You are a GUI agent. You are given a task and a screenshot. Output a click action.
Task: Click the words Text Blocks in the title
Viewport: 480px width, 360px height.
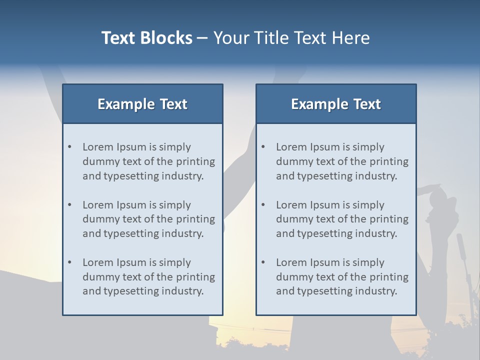pos(146,38)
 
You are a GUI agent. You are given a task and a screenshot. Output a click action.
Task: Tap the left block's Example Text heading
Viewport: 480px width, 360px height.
pos(142,104)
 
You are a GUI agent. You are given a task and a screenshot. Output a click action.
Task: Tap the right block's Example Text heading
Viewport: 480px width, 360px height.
pos(336,104)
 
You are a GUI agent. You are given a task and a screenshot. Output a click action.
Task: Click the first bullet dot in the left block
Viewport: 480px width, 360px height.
pos(70,147)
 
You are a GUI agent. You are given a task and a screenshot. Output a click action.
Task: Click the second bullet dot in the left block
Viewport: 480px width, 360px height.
pos(70,205)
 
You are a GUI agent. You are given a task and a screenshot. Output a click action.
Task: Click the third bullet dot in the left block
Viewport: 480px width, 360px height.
pos(70,262)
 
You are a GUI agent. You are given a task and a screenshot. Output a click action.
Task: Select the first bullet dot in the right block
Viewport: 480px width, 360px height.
pos(263,147)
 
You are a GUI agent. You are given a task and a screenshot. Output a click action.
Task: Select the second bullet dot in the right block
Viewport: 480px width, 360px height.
pos(263,205)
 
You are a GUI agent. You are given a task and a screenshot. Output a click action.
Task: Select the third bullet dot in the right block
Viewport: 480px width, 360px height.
pos(263,262)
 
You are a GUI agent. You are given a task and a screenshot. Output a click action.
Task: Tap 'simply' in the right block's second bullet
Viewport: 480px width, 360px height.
pos(368,205)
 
